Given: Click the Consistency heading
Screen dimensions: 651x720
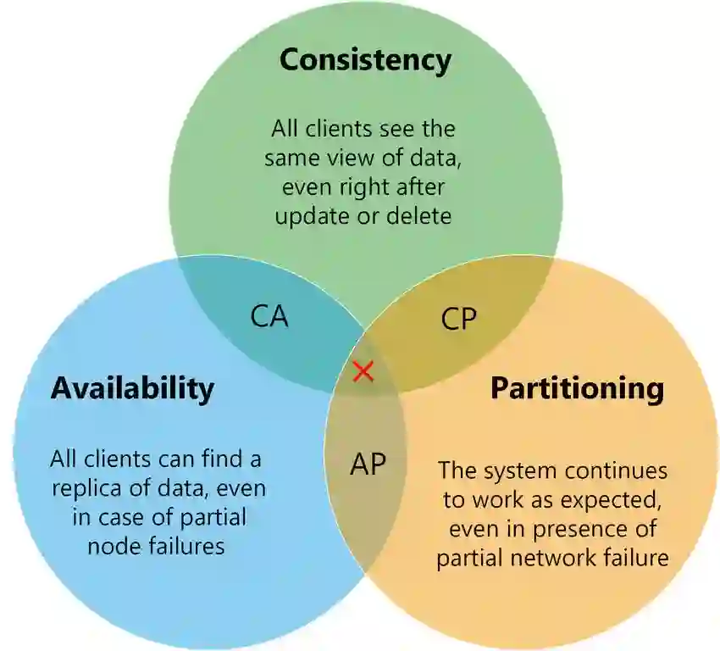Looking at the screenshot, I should [x=365, y=61].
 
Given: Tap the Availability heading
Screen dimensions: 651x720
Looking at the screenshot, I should [x=132, y=388].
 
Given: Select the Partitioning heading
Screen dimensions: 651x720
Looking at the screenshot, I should [x=578, y=388].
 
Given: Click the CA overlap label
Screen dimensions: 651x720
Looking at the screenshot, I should [x=269, y=316].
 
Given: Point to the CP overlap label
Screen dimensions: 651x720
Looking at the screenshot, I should [x=459, y=319].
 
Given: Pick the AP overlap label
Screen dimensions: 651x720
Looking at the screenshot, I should [x=368, y=464].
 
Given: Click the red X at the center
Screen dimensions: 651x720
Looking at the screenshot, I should [x=363, y=371].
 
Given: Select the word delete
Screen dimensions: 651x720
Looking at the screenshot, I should [x=418, y=215].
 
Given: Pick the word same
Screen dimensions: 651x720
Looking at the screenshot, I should [x=292, y=158].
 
